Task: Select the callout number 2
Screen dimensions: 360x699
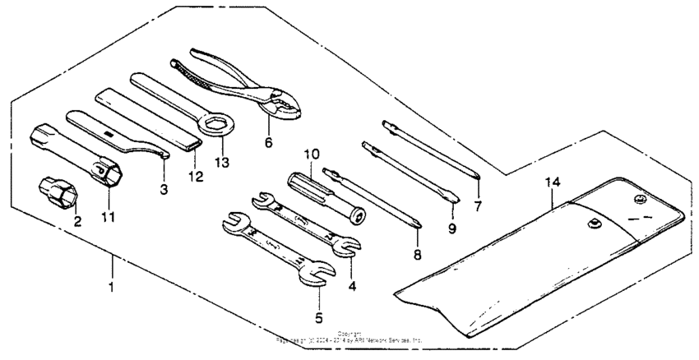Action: coord(76,221)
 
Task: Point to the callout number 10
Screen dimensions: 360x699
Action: coord(311,154)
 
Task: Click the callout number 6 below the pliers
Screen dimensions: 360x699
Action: coord(268,141)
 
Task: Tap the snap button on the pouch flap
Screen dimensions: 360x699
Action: coord(641,198)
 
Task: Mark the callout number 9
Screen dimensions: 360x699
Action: coord(451,229)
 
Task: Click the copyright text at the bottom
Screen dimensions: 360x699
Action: coord(349,337)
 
